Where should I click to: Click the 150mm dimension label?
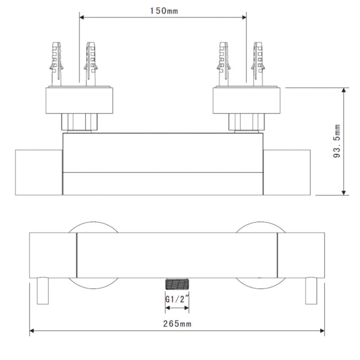(x=163, y=11)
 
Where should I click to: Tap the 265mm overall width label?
(x=176, y=324)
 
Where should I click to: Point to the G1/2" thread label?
(x=176, y=298)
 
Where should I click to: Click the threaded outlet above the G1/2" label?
(x=176, y=284)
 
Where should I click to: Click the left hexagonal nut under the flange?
(x=80, y=121)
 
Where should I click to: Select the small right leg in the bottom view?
(x=311, y=291)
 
